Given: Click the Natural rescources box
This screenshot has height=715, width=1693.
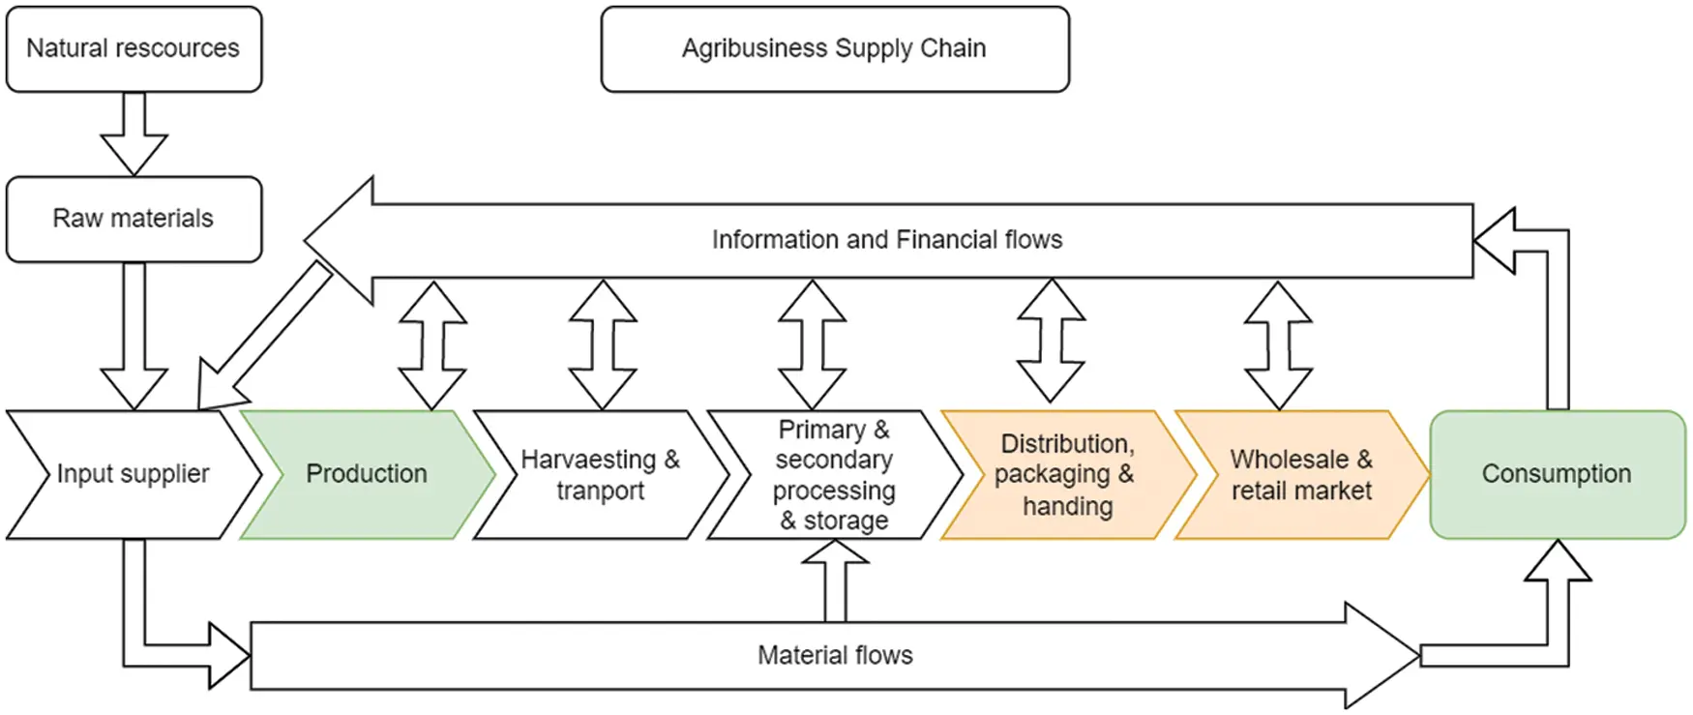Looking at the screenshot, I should tap(134, 48).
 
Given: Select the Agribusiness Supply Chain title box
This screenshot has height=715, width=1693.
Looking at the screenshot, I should tap(834, 48).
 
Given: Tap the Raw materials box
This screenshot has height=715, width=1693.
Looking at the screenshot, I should tap(134, 219).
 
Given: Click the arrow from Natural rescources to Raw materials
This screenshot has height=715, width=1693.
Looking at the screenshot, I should tap(134, 134).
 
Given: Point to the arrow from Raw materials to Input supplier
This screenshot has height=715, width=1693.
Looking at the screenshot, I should tap(134, 334).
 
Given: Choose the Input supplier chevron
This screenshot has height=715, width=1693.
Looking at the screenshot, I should tap(133, 474).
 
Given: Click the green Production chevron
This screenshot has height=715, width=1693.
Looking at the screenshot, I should tap(367, 474).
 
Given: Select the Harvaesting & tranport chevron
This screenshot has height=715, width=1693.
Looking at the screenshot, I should tap(600, 474).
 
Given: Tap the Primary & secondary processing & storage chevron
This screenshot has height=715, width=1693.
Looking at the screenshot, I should tap(833, 474).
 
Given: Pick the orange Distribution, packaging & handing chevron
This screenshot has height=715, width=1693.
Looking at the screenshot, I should tap(1066, 474).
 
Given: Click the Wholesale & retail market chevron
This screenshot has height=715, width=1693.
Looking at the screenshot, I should tap(1300, 474).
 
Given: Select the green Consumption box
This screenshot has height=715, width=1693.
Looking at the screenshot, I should tap(1557, 474).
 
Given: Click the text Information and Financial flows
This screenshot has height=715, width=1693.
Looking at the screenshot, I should tap(886, 240).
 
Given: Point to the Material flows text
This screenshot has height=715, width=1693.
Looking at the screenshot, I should tap(834, 655).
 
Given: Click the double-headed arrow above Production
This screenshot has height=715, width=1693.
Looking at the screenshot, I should tap(432, 345).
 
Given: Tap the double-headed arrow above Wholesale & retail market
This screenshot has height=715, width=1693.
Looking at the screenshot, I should tap(1278, 345).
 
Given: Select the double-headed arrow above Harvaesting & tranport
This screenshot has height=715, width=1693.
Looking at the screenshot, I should tap(602, 345).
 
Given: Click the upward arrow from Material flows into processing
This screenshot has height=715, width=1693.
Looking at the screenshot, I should tap(835, 581).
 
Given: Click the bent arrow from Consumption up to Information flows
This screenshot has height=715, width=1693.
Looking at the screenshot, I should tap(1557, 319).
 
